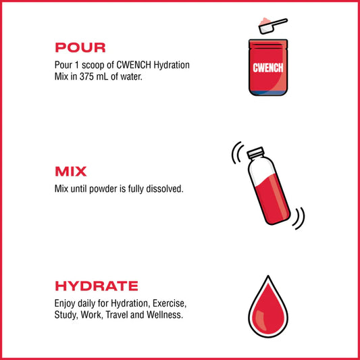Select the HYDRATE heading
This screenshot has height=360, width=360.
click(x=96, y=286)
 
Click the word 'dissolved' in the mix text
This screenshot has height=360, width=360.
click(x=162, y=188)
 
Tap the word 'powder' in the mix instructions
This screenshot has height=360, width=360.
click(x=101, y=188)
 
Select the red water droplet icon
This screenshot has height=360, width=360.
click(x=269, y=313)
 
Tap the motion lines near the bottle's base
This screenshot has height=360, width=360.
click(x=299, y=218)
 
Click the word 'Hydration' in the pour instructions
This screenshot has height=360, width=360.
click(x=170, y=65)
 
